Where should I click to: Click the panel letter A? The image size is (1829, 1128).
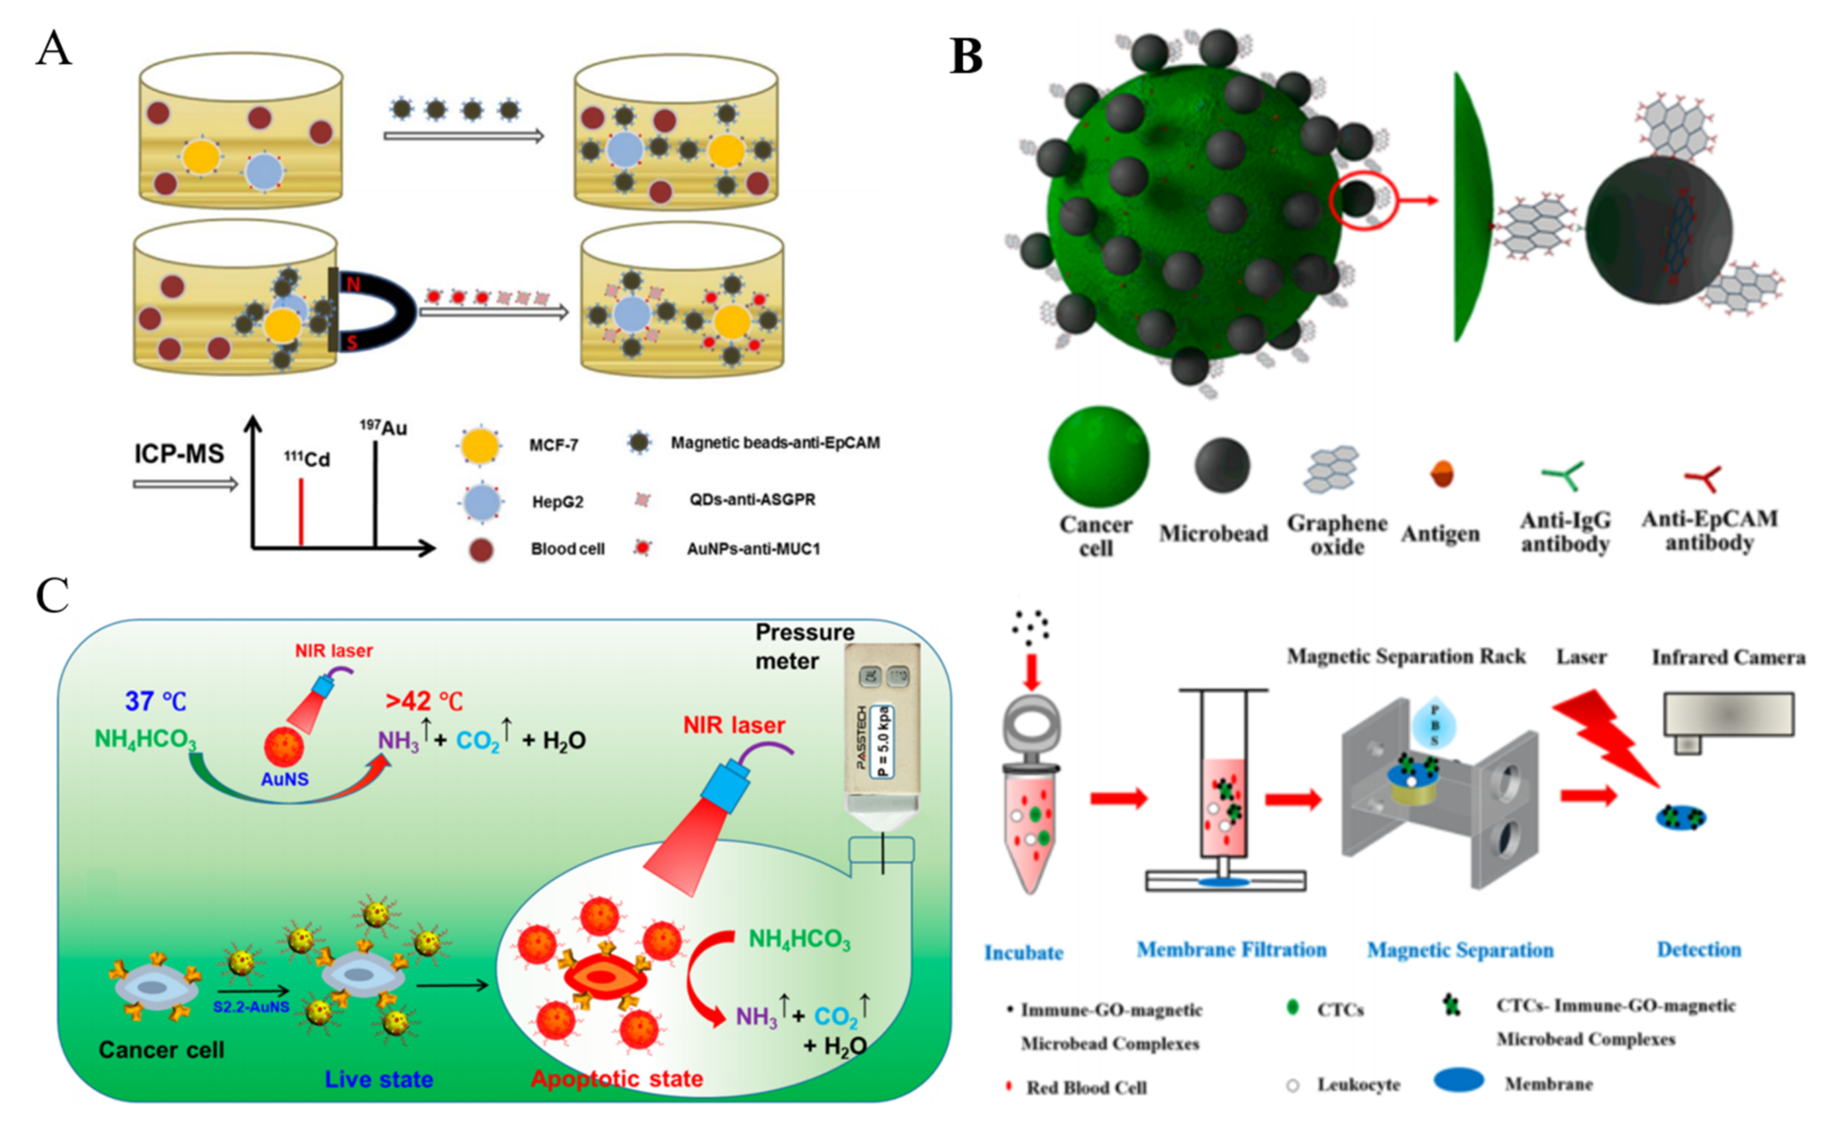point(54,49)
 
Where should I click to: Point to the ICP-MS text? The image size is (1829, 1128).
point(179,453)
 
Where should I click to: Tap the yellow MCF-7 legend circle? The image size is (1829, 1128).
point(480,445)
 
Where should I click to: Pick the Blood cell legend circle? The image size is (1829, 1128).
point(481,550)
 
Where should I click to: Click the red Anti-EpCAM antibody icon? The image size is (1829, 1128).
point(1703,478)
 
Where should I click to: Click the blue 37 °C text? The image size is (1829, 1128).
point(155,701)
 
